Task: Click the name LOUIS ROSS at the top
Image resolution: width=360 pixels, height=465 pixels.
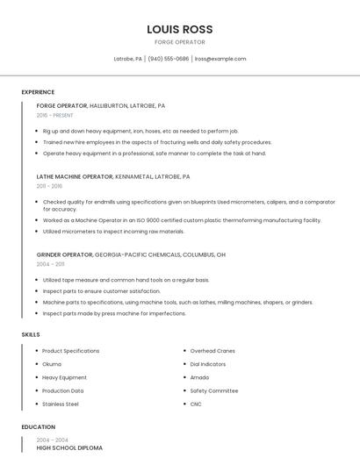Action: (179, 29)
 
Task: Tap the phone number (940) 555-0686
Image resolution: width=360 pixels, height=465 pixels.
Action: (168, 59)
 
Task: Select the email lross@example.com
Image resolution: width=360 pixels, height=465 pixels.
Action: (220, 59)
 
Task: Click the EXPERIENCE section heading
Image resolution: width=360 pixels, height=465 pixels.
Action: (38, 92)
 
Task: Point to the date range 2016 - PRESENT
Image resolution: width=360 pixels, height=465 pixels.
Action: (54, 115)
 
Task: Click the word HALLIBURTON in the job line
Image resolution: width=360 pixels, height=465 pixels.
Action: (110, 105)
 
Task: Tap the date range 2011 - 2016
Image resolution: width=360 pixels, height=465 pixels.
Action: (49, 186)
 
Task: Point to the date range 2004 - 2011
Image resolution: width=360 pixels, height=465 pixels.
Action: (50, 263)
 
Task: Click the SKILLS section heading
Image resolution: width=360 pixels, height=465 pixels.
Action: (31, 334)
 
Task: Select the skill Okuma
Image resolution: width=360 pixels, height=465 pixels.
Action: (52, 364)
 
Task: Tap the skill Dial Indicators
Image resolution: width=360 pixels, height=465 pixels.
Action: (207, 364)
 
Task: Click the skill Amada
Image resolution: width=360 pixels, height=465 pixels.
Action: (199, 377)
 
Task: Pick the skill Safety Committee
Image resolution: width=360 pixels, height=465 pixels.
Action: (213, 390)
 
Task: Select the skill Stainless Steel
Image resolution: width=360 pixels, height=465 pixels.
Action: (61, 404)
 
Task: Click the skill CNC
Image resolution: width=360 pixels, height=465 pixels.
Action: (196, 404)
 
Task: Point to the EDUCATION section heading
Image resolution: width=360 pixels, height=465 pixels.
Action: (38, 427)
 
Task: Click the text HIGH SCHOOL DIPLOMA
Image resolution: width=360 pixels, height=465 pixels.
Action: (69, 448)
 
